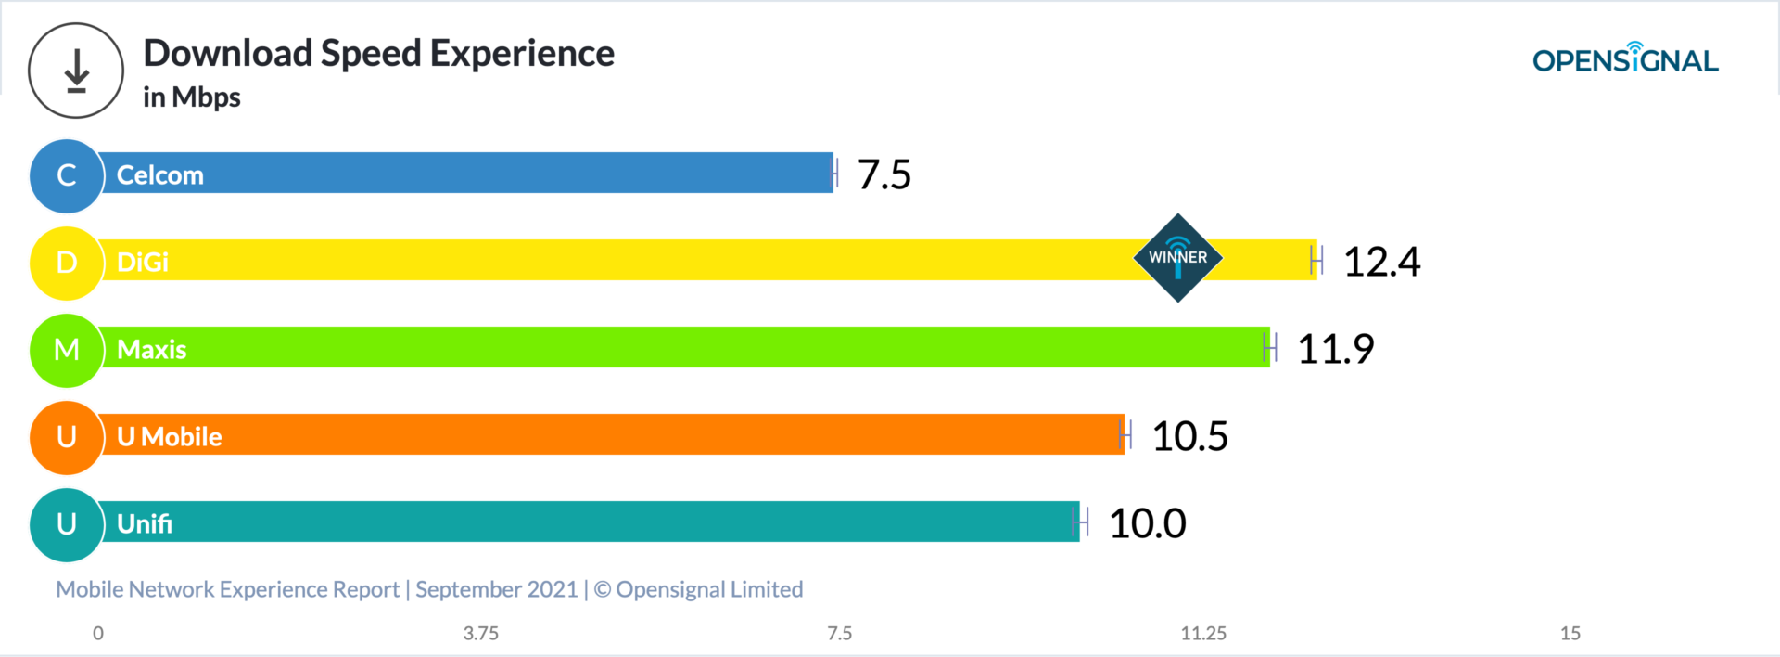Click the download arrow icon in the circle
[76, 71]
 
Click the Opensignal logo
[1625, 60]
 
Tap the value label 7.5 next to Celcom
[884, 174]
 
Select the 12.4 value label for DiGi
[1381, 262]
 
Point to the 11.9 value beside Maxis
[1335, 349]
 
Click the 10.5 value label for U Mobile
[1189, 436]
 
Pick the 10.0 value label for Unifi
[1147, 523]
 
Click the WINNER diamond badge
[1177, 258]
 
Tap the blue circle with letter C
[66, 175]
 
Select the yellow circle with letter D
[66, 263]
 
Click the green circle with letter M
[66, 350]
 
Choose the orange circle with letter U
[66, 437]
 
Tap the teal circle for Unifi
[66, 524]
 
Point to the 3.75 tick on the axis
[480, 634]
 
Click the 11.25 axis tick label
[1203, 634]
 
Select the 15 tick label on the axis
[1570, 634]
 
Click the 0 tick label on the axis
[98, 634]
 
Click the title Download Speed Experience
[378, 54]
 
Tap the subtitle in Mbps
[192, 97]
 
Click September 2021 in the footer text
[496, 589]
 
